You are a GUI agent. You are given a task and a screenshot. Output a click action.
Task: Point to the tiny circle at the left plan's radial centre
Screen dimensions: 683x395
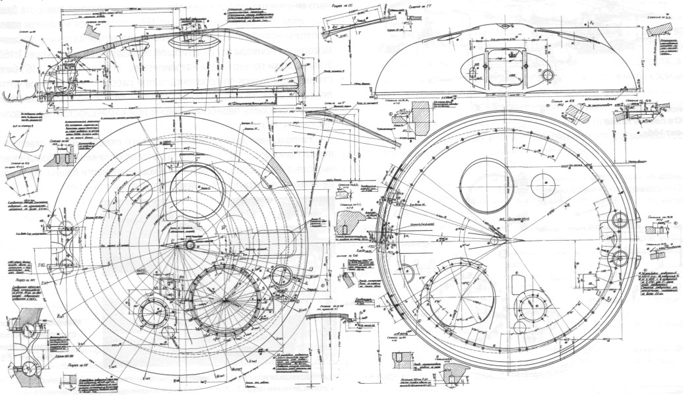pyautogui.click(x=190, y=245)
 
